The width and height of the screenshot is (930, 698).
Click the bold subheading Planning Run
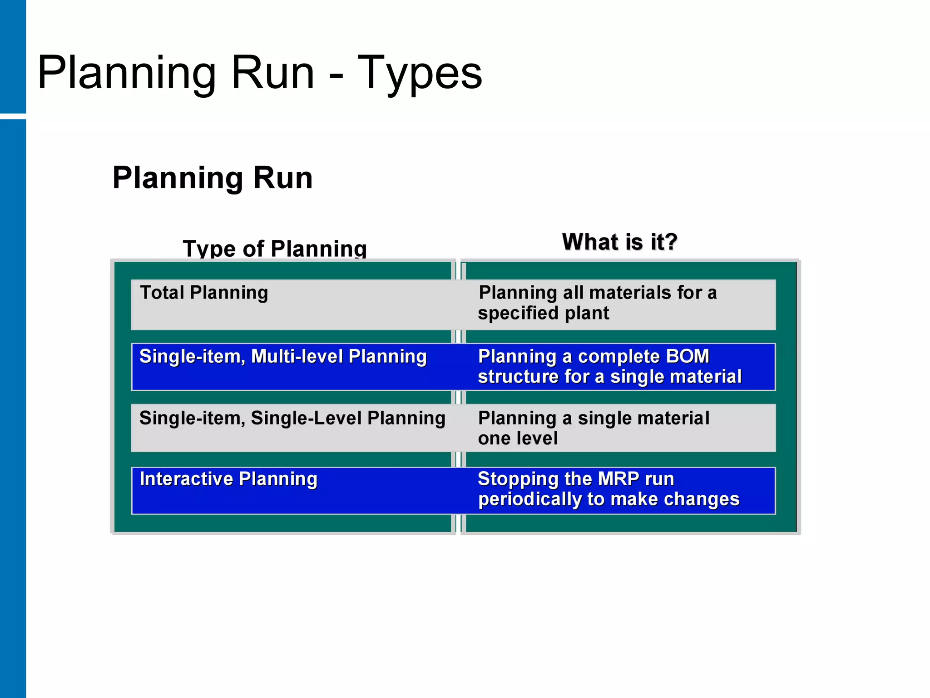pos(213,178)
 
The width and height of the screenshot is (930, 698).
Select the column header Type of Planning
pos(275,249)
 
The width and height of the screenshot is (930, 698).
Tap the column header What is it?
pos(619,242)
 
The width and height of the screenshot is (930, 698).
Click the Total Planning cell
pos(204,293)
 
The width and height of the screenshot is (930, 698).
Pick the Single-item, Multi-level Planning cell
pos(283,357)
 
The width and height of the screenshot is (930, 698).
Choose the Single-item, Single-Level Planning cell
pos(292,419)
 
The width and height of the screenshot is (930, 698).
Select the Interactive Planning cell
pos(228,479)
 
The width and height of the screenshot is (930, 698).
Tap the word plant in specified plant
pos(587,314)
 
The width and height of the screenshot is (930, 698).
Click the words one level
pos(518,439)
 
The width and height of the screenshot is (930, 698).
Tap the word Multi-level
pos(297,357)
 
